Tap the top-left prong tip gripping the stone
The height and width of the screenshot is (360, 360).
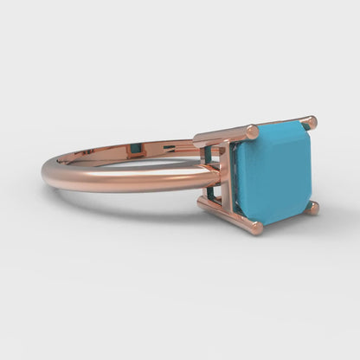[x=251, y=132]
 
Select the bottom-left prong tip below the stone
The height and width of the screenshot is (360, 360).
[x=254, y=227]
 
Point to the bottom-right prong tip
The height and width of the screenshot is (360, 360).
[x=312, y=208]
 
